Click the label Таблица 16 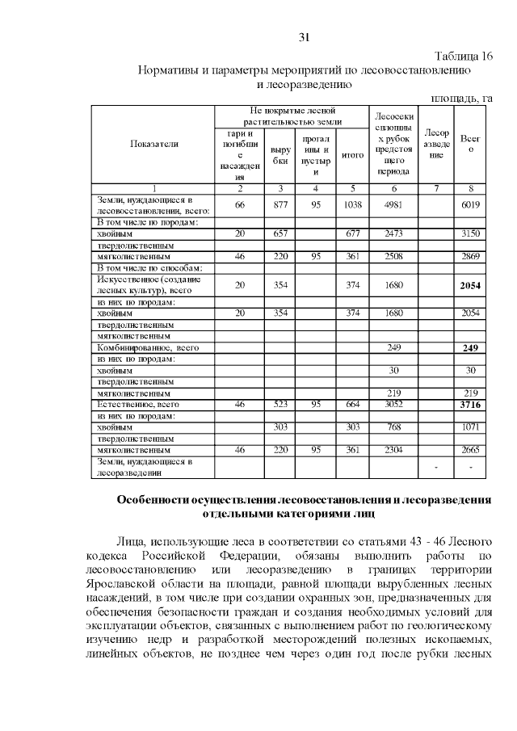click(x=463, y=56)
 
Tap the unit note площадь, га click(x=461, y=98)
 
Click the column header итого click(x=352, y=154)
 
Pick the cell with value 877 click(x=280, y=206)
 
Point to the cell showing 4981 click(x=392, y=206)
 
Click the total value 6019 click(x=470, y=206)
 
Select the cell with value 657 click(x=280, y=233)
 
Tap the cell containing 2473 click(x=392, y=233)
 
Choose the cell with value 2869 click(x=470, y=256)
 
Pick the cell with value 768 click(x=392, y=426)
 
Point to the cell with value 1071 click(x=470, y=426)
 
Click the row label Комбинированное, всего click(x=148, y=347)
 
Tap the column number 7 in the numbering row click(x=435, y=188)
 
